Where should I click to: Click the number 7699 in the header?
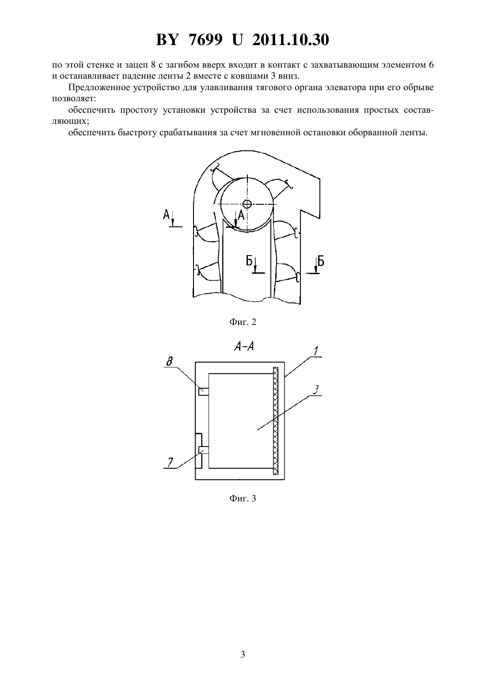click(x=205, y=40)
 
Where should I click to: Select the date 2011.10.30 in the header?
click(x=291, y=40)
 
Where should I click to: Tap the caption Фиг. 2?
click(x=243, y=322)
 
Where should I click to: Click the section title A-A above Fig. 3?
click(x=244, y=347)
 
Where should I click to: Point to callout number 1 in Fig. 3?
click(x=316, y=351)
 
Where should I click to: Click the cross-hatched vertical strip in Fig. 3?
click(x=276, y=421)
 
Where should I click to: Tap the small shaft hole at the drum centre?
click(x=247, y=203)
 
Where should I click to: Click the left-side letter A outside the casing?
click(x=166, y=214)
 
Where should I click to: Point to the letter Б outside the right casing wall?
click(x=321, y=261)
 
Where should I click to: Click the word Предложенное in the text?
click(x=99, y=88)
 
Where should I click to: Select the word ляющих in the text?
click(x=70, y=121)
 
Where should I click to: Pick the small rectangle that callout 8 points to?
click(x=203, y=392)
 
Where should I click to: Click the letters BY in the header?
click(x=167, y=40)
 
